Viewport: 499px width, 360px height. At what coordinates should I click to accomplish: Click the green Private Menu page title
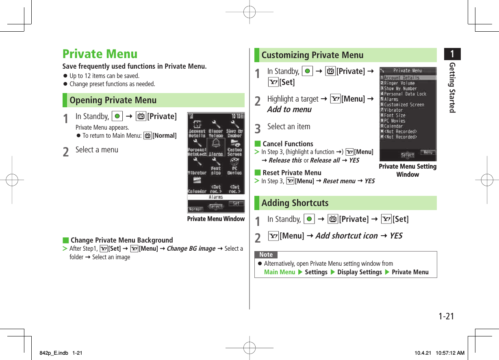(100, 54)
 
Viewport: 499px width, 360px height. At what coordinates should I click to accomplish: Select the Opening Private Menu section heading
(113, 100)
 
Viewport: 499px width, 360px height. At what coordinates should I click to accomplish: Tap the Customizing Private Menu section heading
(312, 55)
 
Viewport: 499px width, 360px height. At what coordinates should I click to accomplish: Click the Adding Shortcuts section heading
(295, 203)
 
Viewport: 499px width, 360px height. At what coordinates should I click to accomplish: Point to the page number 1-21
(446, 316)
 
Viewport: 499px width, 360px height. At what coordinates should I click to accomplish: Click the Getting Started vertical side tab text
(452, 87)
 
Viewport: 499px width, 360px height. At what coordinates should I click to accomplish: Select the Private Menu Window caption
(216, 219)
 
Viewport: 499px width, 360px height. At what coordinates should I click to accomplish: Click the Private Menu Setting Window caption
(408, 171)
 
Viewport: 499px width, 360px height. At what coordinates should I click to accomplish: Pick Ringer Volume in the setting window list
(399, 83)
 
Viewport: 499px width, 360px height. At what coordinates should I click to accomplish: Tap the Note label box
(266, 255)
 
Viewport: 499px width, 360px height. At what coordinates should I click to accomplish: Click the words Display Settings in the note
(359, 272)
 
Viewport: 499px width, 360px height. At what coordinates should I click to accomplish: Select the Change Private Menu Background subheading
(121, 240)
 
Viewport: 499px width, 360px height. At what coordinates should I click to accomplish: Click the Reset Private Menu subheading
(292, 173)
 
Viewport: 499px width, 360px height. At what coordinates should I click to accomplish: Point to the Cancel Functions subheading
(288, 144)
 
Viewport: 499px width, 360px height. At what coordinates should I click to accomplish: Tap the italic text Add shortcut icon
(346, 236)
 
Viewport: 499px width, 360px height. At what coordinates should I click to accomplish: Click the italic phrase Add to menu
(289, 110)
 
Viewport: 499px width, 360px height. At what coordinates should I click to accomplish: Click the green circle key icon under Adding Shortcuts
(309, 219)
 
